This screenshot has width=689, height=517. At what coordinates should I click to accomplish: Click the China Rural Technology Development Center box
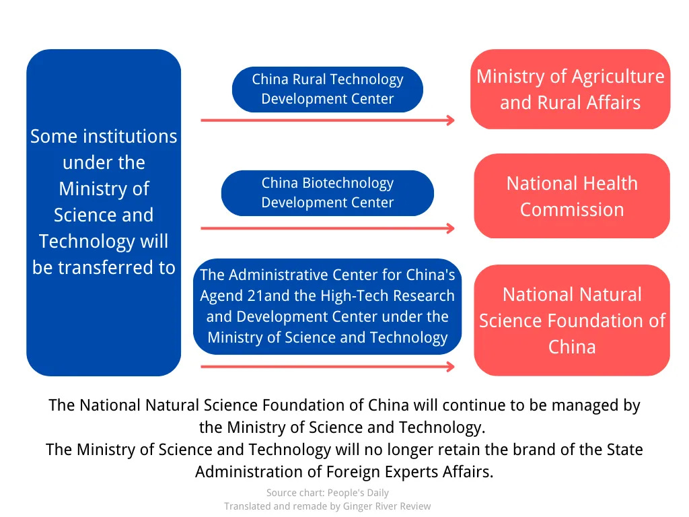[327, 89]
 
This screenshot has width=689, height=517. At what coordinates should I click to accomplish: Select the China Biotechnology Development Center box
[327, 193]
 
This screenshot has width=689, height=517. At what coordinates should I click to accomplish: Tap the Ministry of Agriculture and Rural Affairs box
[570, 89]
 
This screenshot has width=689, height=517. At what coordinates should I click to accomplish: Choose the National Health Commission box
[572, 196]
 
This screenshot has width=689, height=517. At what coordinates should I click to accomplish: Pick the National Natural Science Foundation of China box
[572, 320]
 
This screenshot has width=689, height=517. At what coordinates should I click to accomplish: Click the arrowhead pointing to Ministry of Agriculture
[451, 120]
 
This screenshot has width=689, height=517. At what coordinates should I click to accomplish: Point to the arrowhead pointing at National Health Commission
[451, 228]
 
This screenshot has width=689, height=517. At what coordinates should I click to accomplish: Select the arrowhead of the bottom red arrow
[451, 367]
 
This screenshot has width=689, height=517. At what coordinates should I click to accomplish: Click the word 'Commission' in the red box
[572, 209]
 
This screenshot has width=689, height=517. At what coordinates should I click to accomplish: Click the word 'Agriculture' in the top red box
[618, 76]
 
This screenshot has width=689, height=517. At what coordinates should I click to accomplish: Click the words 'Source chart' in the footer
[293, 493]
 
